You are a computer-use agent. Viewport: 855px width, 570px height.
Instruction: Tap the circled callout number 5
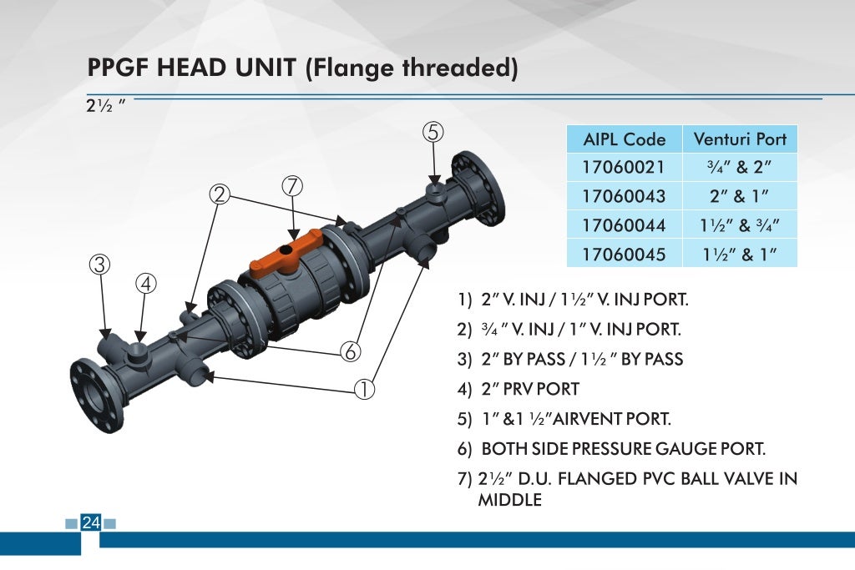(433, 132)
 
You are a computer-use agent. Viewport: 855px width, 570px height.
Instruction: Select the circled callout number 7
(292, 186)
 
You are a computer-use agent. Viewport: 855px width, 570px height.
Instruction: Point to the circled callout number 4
(146, 284)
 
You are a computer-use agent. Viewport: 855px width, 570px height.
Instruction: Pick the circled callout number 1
(364, 388)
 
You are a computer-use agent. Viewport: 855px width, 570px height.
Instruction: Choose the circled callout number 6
(351, 352)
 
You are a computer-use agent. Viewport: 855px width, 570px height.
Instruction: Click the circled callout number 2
(220, 194)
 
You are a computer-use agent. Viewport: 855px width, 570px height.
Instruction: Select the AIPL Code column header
(624, 139)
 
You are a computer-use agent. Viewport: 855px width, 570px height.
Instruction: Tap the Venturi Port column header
(740, 139)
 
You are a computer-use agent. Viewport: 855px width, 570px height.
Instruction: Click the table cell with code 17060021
(624, 167)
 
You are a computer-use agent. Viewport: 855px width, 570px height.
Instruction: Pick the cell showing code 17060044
(624, 224)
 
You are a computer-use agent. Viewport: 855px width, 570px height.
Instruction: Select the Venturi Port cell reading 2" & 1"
(740, 196)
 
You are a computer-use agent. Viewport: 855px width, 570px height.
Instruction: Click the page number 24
(90, 523)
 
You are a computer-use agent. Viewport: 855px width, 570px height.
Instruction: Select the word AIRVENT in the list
(594, 419)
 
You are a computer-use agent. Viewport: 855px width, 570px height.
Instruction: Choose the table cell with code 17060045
(624, 254)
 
